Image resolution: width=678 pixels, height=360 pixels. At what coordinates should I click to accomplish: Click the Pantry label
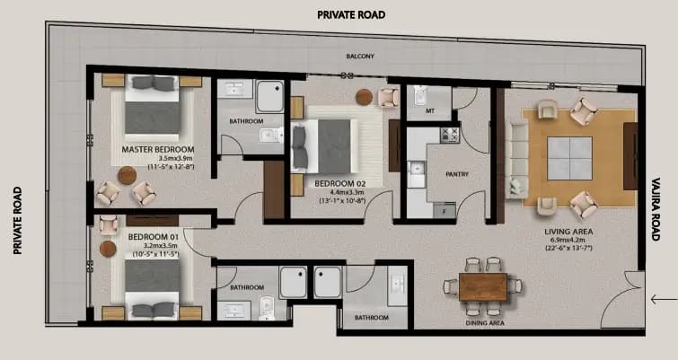click(444, 175)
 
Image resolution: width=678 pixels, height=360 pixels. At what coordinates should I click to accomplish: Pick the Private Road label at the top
click(350, 14)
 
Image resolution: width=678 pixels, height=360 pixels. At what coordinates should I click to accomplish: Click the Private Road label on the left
click(16, 221)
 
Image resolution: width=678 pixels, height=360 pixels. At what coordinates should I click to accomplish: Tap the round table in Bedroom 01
click(109, 249)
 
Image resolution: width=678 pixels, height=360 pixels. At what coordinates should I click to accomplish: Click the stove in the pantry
click(449, 136)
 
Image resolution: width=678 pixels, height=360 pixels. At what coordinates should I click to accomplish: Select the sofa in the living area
click(517, 159)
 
